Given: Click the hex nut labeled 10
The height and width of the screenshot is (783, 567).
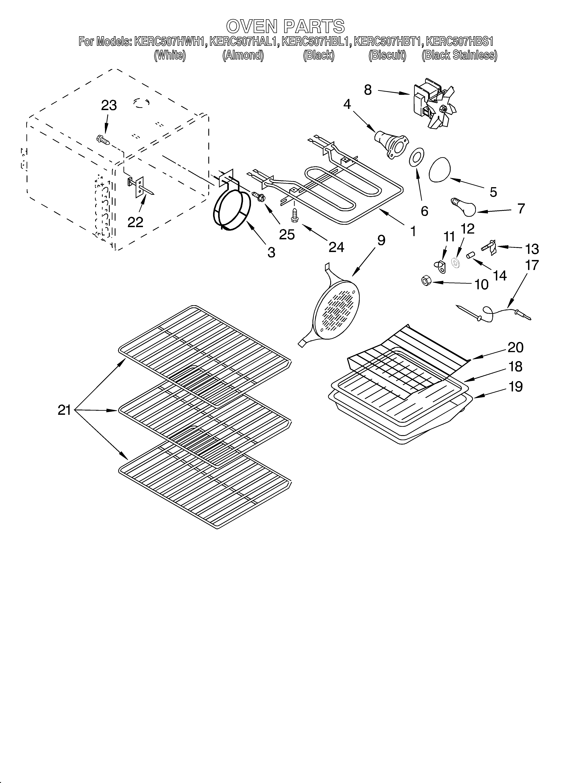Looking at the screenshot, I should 425,281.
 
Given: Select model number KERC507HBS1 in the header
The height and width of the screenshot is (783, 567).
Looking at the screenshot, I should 460,42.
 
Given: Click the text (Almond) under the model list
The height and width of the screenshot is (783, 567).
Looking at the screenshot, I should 243,55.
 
